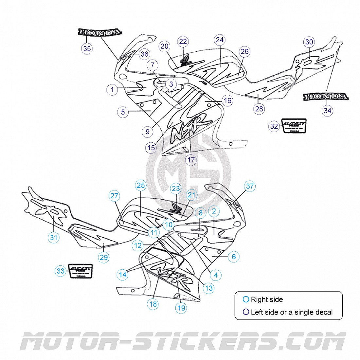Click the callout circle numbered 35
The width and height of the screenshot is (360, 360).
coord(87,49)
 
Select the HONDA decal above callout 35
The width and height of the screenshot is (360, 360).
coord(99,32)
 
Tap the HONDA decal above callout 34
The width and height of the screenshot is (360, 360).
coord(326,97)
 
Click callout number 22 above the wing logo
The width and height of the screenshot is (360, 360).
coord(183,42)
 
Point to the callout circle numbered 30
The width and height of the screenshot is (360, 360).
coord(309,42)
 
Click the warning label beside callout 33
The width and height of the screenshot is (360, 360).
coord(80,271)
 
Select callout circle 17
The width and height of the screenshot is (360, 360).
coord(191,160)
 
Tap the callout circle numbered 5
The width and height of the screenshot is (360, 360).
coord(123,112)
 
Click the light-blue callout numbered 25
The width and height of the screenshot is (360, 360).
coord(141,186)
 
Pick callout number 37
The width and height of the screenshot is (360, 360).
coord(250,186)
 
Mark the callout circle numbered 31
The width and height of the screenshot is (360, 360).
coord(54,237)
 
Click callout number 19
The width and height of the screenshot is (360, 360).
coord(181,308)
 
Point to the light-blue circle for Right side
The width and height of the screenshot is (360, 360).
coord(246,299)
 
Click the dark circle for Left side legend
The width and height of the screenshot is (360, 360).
coord(246,312)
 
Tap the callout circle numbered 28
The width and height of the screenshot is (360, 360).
coord(259,109)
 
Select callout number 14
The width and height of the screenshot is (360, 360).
coord(123,275)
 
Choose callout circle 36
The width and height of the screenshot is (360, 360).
coord(144,54)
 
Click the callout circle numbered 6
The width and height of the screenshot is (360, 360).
coord(234,257)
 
